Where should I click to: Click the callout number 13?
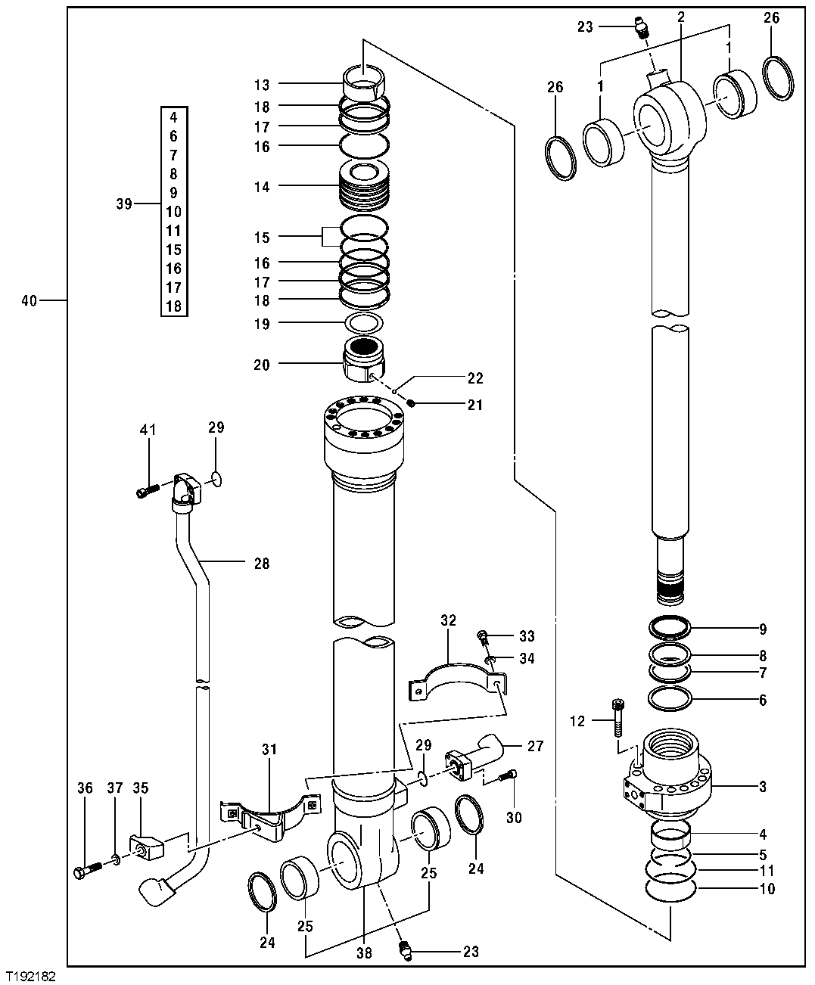click(262, 85)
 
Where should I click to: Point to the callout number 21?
click(474, 405)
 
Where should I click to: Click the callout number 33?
click(527, 635)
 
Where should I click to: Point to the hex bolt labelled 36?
click(88, 871)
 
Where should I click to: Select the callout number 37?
click(114, 788)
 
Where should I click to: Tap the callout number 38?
click(364, 953)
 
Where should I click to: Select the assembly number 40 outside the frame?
click(29, 301)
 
